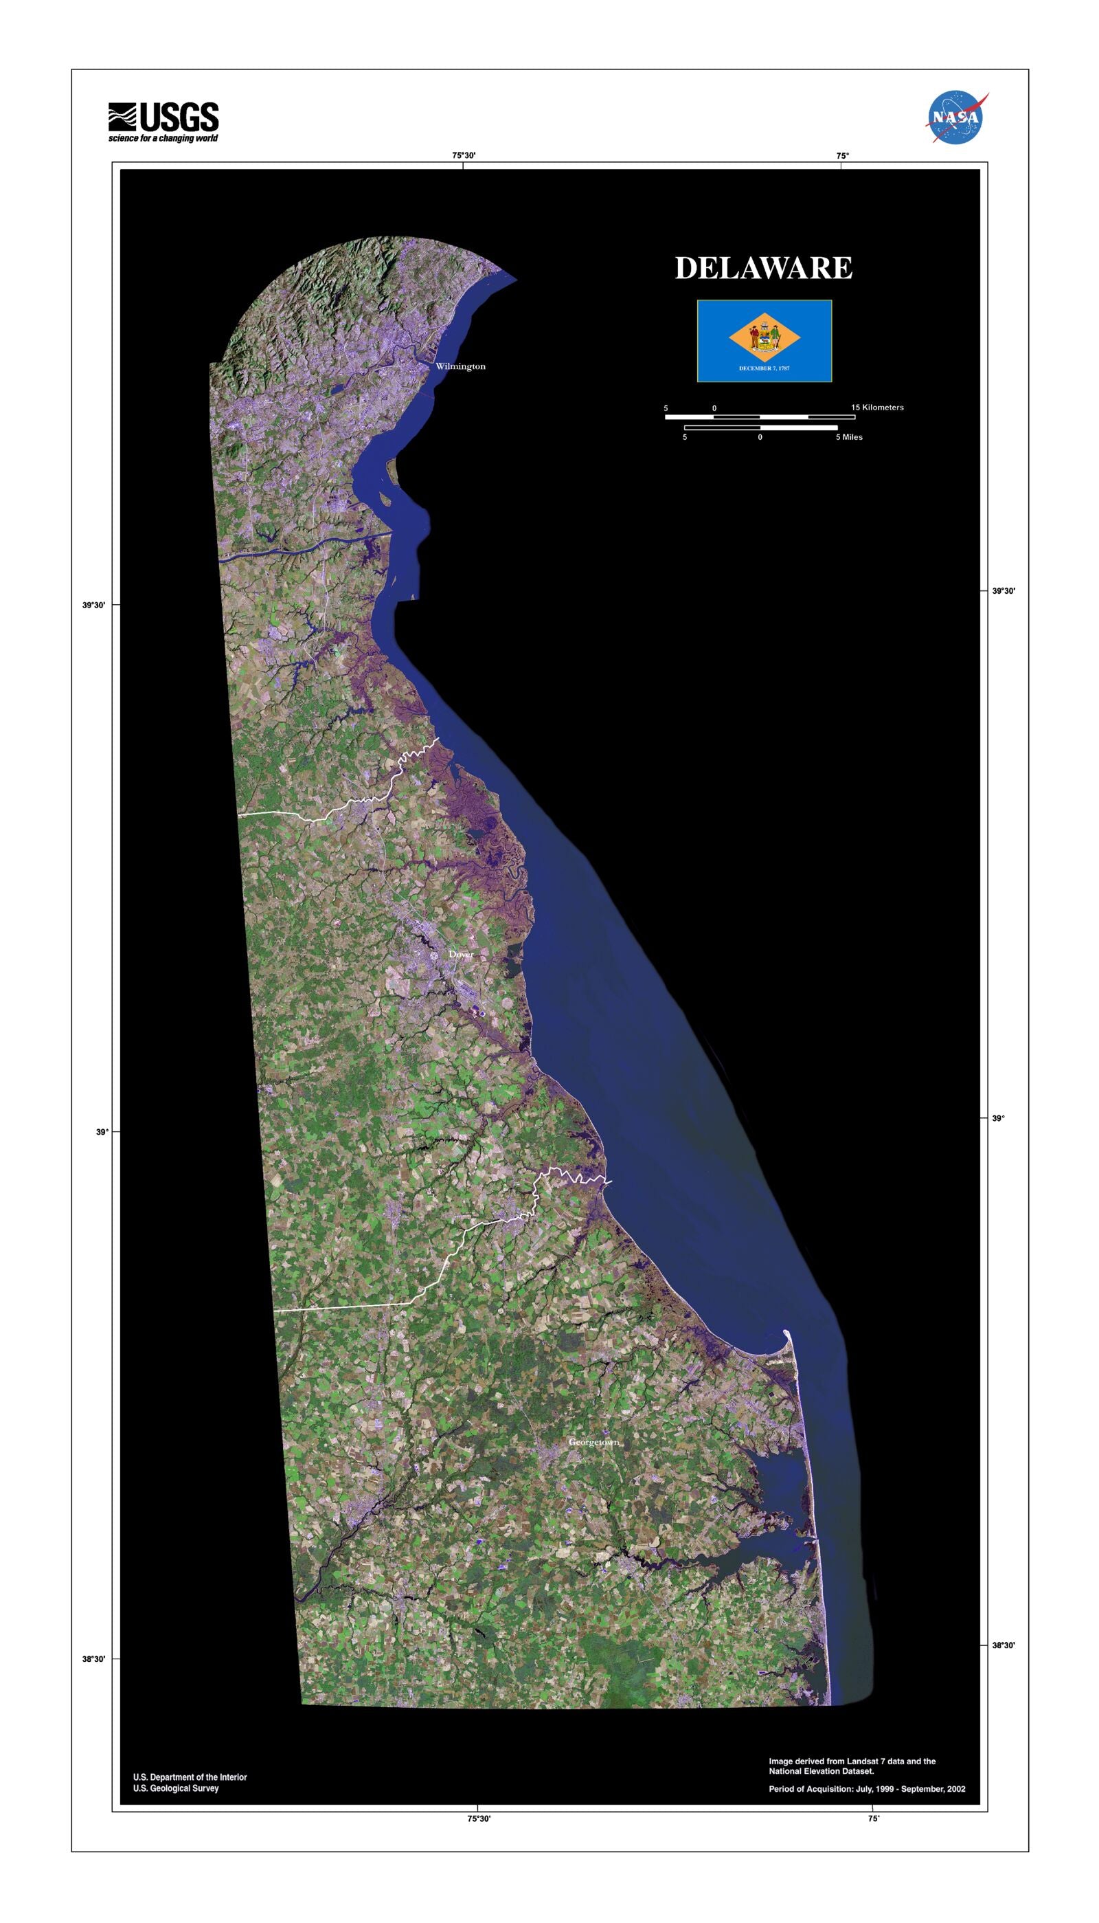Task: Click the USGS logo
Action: [163, 118]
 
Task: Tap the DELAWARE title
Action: [763, 268]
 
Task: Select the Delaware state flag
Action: [764, 340]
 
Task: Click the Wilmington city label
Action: [460, 366]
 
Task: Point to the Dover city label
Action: [461, 955]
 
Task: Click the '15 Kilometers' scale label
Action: [877, 408]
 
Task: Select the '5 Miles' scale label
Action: [848, 437]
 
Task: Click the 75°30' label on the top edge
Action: [464, 155]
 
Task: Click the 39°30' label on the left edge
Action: [94, 605]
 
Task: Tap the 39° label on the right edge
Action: [998, 1118]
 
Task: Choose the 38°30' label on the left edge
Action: [94, 1659]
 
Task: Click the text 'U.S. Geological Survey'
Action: [176, 1788]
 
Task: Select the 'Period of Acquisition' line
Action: [867, 1788]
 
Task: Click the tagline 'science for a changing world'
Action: [163, 138]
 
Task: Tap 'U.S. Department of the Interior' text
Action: [190, 1777]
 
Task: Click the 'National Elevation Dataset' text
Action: [822, 1770]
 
